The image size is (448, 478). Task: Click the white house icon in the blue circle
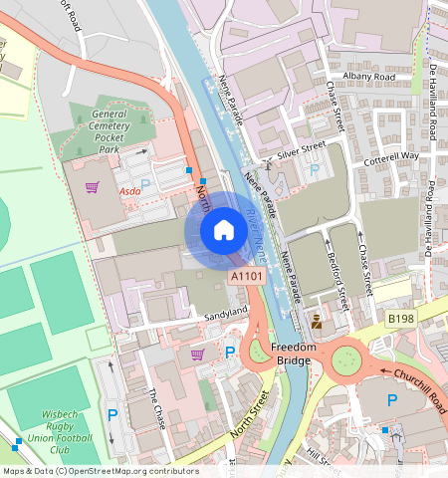pos(224,230)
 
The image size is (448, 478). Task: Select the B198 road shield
pos(400,318)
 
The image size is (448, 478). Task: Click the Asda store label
pos(129,189)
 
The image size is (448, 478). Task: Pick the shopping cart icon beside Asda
pos(92,186)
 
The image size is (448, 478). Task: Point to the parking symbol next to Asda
pos(146,184)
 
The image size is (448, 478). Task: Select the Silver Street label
pos(302,149)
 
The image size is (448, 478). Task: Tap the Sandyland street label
pos(225,313)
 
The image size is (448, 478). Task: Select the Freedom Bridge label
pos(294,353)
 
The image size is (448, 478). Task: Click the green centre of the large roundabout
pos(348,357)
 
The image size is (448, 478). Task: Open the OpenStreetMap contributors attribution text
pos(100,471)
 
